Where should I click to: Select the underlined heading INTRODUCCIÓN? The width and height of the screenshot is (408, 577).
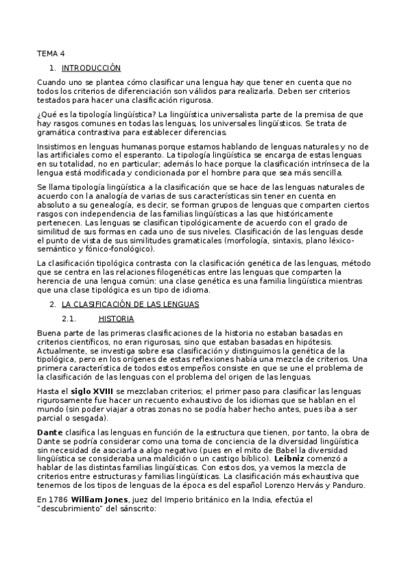point(91,68)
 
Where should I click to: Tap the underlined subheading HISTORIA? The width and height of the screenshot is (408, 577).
point(116,318)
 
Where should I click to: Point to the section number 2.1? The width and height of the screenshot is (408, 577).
point(67,318)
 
